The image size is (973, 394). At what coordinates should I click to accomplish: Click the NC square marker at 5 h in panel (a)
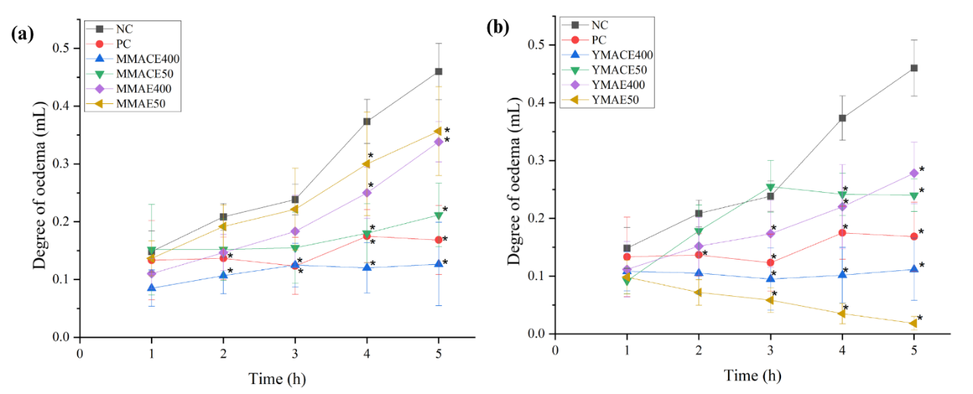[439, 71]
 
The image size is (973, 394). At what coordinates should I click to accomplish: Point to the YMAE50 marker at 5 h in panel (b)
[914, 323]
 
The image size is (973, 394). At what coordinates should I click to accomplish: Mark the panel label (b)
[498, 29]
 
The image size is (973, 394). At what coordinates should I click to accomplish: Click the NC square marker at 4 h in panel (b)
[842, 118]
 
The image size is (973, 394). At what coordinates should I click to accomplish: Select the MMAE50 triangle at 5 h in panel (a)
[439, 131]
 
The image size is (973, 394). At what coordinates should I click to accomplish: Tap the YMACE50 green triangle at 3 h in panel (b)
[770, 188]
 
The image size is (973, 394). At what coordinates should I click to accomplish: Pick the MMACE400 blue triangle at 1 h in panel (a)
[152, 288]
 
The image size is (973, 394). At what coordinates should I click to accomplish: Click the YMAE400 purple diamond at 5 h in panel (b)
[914, 173]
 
